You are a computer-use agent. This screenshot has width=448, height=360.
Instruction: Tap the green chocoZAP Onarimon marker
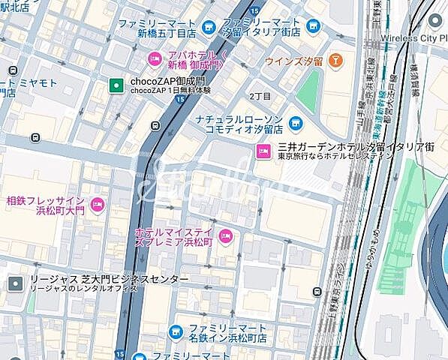(x=116, y=85)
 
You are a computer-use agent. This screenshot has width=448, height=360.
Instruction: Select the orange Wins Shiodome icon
(x=335, y=59)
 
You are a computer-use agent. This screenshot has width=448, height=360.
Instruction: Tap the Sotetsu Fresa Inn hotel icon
(x=97, y=205)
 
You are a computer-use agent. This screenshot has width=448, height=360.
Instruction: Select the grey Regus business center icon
(x=16, y=283)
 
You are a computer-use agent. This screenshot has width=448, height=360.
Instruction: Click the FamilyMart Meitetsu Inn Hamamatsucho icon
(x=174, y=331)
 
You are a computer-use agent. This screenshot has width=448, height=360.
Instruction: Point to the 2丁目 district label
(x=260, y=96)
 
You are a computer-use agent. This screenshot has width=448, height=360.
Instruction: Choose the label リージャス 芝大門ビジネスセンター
(x=109, y=279)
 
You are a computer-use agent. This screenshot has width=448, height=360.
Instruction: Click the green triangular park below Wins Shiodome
(x=308, y=94)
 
